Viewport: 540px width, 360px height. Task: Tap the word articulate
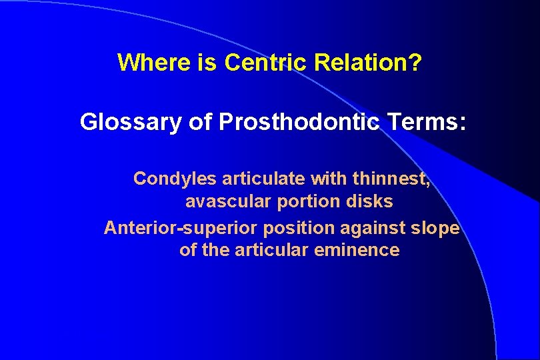click(x=253, y=179)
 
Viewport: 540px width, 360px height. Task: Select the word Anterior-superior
click(x=181, y=228)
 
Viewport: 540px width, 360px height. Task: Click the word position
click(x=298, y=228)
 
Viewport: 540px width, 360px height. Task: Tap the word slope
click(x=437, y=228)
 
